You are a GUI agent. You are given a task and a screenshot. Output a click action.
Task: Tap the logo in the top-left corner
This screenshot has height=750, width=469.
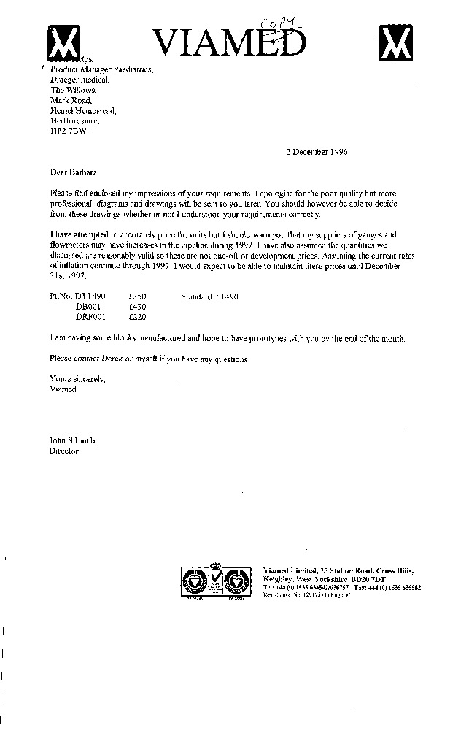(64, 43)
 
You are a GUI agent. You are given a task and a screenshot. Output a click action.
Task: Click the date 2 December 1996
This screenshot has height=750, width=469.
(317, 153)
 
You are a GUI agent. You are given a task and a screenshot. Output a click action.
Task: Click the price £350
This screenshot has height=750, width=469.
(138, 296)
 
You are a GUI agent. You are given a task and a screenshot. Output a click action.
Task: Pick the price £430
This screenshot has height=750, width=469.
(138, 307)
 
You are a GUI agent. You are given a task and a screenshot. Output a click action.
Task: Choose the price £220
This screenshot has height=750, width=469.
(138, 317)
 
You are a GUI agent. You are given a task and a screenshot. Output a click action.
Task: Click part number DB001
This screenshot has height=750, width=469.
(90, 307)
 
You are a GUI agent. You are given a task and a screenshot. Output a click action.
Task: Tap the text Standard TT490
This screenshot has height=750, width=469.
(209, 296)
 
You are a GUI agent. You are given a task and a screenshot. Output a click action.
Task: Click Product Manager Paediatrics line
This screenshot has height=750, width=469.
(101, 69)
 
